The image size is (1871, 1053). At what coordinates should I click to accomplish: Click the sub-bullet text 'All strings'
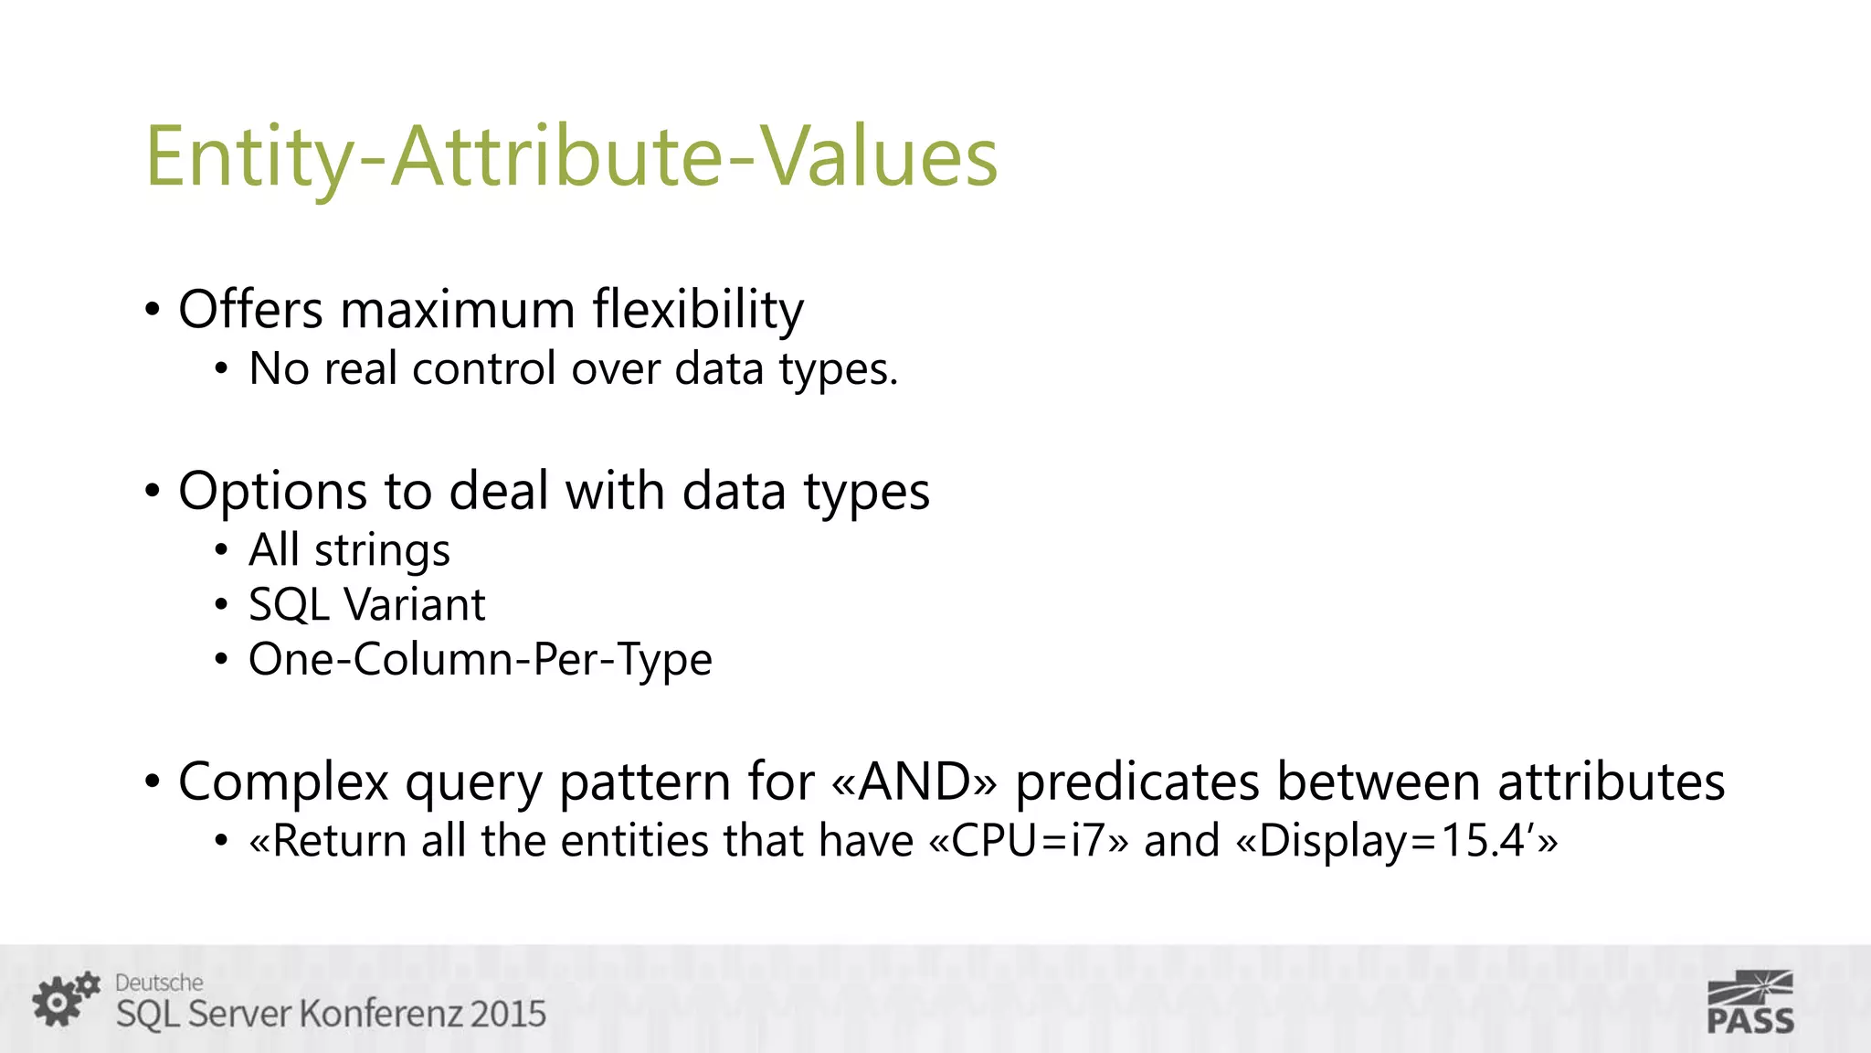(x=349, y=550)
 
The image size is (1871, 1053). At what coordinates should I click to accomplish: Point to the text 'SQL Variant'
(x=366, y=605)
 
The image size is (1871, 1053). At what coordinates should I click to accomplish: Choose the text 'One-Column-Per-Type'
(x=480, y=659)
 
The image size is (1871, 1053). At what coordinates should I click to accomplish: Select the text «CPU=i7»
(x=1029, y=841)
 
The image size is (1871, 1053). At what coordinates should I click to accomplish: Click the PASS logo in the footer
(x=1749, y=1004)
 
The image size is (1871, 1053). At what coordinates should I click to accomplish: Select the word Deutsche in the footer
(x=159, y=983)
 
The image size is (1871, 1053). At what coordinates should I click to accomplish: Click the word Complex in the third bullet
(x=283, y=782)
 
